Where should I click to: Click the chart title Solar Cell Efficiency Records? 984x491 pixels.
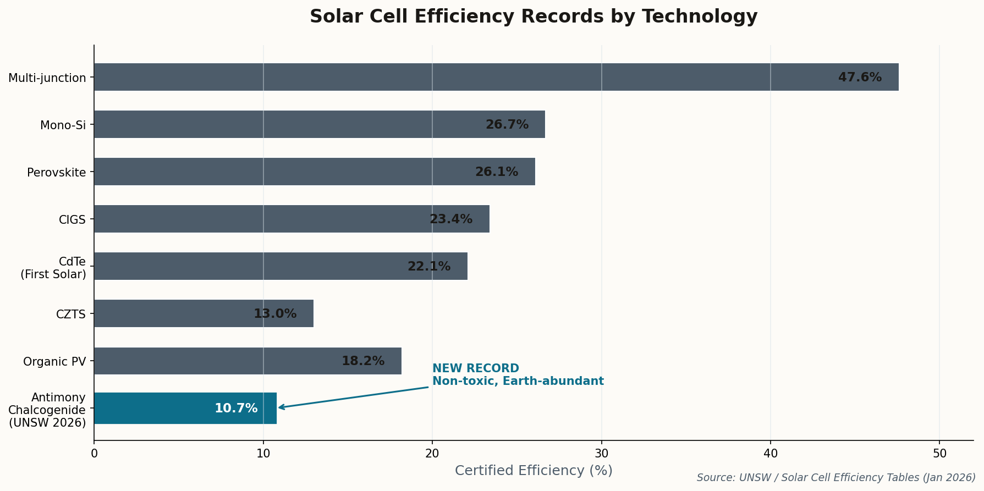tap(533, 16)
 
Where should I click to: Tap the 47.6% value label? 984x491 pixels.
tap(859, 78)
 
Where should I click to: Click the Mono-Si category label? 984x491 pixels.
tap(63, 125)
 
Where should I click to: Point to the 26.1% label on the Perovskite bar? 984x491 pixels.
tap(496, 172)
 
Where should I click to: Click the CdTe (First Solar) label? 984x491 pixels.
tap(53, 267)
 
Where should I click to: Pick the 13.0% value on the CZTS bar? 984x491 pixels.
tap(274, 314)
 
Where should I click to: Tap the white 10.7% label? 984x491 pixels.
tap(236, 409)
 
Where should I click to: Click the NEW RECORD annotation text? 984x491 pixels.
tap(475, 368)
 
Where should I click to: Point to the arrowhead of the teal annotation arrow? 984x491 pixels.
tap(280, 407)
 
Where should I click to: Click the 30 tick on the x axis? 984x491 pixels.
tap(601, 454)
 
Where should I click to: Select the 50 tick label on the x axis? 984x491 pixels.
tap(939, 454)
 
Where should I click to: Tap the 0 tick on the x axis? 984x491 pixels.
tap(94, 454)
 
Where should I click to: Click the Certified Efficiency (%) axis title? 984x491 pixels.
tap(533, 471)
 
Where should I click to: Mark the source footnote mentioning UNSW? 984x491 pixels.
tap(835, 478)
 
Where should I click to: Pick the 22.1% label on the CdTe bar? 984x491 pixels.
tap(428, 267)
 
